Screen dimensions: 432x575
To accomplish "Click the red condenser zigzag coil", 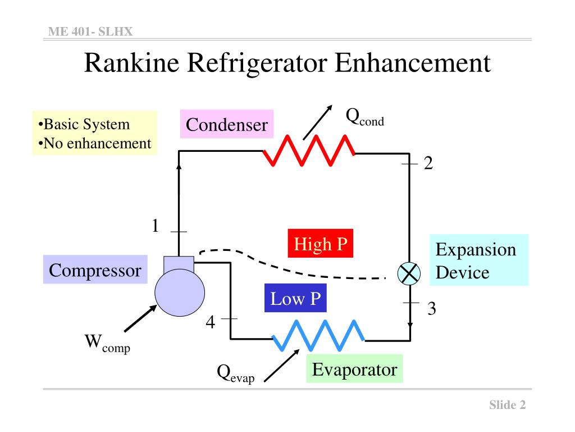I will pos(309,151).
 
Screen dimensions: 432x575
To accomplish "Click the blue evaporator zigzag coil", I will pos(318,334).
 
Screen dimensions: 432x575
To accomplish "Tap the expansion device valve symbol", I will pos(409,273).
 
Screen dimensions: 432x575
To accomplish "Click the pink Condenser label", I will pos(227,124).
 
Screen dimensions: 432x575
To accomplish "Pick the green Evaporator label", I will pos(354,369).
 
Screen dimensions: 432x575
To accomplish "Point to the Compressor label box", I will pos(95,271).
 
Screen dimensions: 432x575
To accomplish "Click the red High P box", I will pos(321,244).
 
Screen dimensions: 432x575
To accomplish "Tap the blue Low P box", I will pos(295,299).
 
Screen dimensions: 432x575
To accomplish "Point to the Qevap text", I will pos(235,373).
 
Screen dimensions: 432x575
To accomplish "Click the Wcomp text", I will pos(107,343).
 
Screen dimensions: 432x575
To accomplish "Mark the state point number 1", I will pos(155,226).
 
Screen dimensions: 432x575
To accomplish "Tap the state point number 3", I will pos(431,309).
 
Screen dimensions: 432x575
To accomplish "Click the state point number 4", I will pos(210,322).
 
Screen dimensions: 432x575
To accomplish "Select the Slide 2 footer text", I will pos(506,405).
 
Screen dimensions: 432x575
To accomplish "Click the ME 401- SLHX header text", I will pos(90,31).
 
